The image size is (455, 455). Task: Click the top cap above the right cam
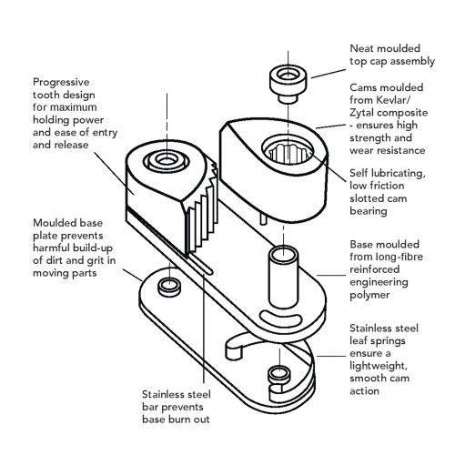click(x=288, y=84)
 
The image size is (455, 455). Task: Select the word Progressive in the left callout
click(x=61, y=82)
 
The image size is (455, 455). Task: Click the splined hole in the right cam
click(x=288, y=150)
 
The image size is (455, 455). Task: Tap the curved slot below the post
click(x=280, y=318)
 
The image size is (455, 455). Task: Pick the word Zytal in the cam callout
click(x=362, y=113)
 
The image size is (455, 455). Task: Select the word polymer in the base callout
click(x=369, y=295)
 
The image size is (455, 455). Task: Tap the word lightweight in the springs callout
click(x=379, y=366)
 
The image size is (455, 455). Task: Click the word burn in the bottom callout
click(x=180, y=420)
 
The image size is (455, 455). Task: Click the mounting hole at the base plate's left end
click(x=169, y=287)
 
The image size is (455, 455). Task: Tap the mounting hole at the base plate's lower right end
click(x=279, y=374)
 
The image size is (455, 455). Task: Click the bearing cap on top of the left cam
click(x=167, y=161)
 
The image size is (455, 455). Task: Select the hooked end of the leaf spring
click(x=234, y=349)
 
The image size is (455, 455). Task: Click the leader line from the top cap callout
click(x=329, y=74)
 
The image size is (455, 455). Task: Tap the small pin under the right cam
click(x=263, y=218)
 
